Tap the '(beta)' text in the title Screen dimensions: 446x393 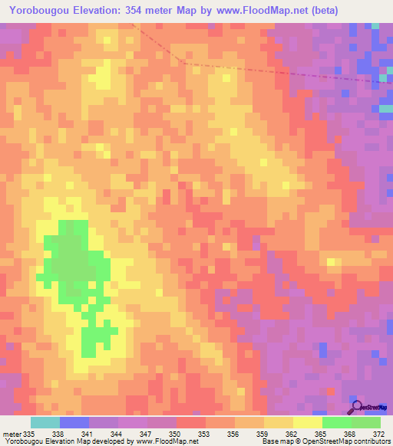tap(315, 10)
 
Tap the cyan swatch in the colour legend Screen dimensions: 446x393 tap(45, 422)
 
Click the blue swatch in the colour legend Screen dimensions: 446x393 tap(74, 422)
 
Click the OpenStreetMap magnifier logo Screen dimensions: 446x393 tap(357, 406)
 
